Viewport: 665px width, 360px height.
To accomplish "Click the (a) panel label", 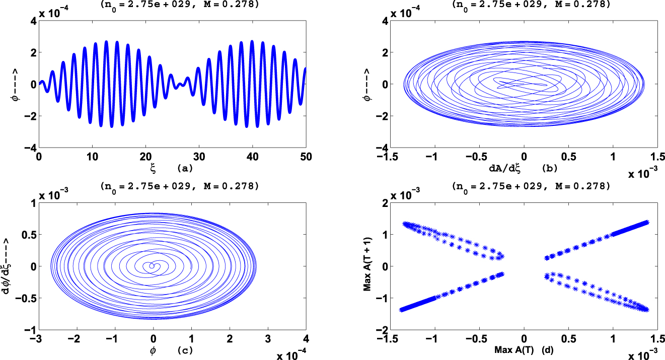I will tap(186, 167).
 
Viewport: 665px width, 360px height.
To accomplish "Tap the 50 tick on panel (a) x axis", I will tap(306, 157).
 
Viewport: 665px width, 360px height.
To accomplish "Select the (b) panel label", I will tap(549, 167).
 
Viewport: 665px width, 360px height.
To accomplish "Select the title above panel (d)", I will tap(524, 186).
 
